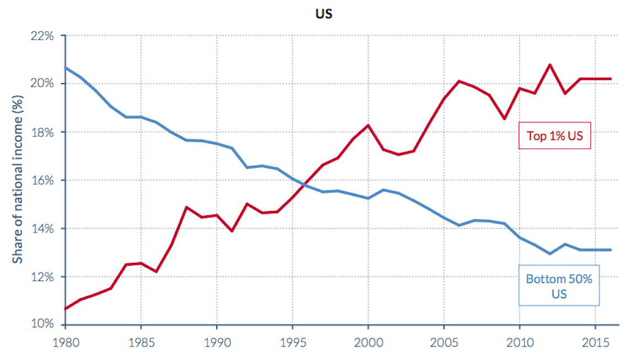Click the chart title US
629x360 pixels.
tap(324, 14)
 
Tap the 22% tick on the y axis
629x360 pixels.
tap(42, 36)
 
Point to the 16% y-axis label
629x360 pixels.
tap(42, 181)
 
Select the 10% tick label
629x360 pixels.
tap(42, 324)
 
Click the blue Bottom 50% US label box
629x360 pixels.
tap(559, 285)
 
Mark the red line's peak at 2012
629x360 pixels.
tap(550, 65)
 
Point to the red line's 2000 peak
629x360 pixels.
tap(368, 125)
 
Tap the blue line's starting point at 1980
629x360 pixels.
tap(66, 68)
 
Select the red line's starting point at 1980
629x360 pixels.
tap(66, 309)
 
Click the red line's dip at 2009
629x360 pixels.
tap(504, 119)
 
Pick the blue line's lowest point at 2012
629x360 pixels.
tap(550, 253)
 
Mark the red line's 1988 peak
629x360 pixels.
tap(186, 207)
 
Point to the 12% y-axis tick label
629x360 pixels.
tap(42, 277)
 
